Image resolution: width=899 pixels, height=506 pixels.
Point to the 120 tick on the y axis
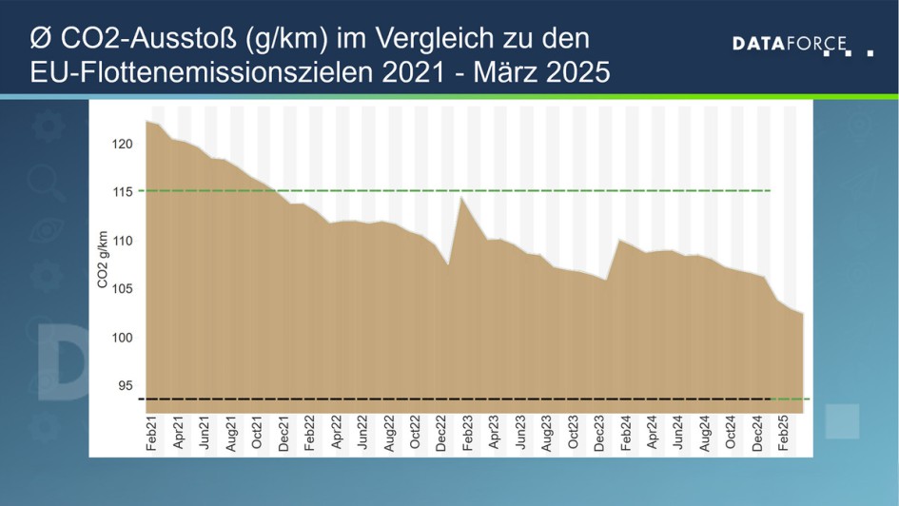[x=125, y=144]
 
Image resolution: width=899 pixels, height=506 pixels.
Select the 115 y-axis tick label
[x=125, y=192]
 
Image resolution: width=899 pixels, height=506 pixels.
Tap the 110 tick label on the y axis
[x=125, y=242]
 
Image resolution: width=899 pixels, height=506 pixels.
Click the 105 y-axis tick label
[x=125, y=289]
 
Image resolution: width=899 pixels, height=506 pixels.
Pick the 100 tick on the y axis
[x=125, y=338]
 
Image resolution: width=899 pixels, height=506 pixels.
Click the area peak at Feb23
[x=461, y=198]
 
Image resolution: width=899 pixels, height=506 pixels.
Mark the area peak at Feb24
[x=619, y=240]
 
